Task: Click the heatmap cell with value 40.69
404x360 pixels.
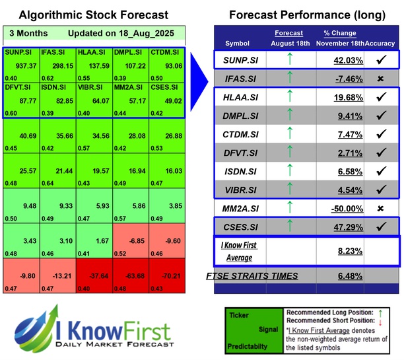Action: click(20, 137)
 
